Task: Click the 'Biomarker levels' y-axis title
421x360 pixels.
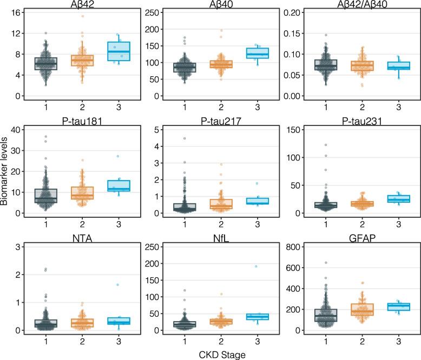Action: click(x=5, y=178)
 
